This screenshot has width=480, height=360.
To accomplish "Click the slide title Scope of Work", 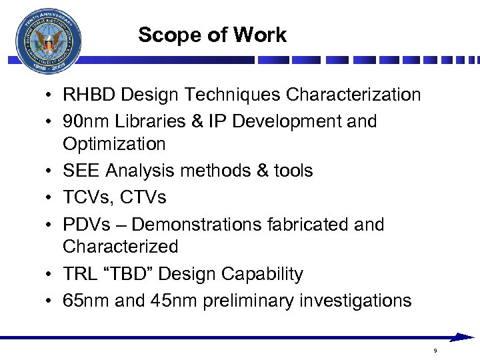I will [212, 35].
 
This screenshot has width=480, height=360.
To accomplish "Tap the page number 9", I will [435, 351].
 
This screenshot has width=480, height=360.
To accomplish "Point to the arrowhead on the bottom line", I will [463, 337].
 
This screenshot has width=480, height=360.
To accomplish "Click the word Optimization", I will [114, 144].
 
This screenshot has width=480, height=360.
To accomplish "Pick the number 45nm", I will [169, 301].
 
